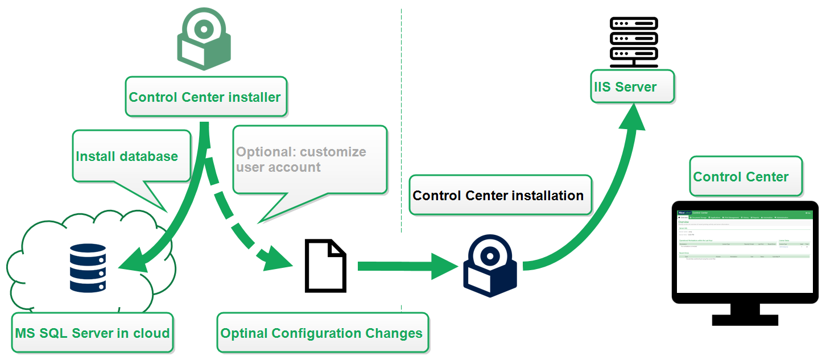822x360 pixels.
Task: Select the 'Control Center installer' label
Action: pyautogui.click(x=205, y=97)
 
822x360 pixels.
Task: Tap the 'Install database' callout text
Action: pyautogui.click(x=127, y=156)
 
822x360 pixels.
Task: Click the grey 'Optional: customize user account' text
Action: pyautogui.click(x=301, y=160)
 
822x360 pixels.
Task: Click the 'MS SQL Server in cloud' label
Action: pyautogui.click(x=92, y=333)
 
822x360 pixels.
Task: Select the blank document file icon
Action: pyautogui.click(x=325, y=266)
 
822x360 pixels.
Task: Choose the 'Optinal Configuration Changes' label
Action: pyautogui.click(x=321, y=333)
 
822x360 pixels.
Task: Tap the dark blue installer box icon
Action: pyautogui.click(x=490, y=266)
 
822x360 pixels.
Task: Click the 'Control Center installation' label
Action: pyautogui.click(x=498, y=196)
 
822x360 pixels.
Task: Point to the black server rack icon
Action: pyautogui.click(x=633, y=42)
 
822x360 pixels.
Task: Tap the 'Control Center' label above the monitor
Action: pyautogui.click(x=741, y=177)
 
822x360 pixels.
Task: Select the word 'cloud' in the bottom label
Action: pyautogui.click(x=151, y=333)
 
